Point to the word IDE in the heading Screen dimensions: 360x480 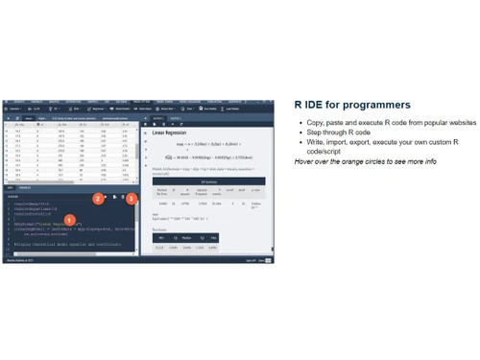[x=314, y=104]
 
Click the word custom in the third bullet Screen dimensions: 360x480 [x=439, y=141]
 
